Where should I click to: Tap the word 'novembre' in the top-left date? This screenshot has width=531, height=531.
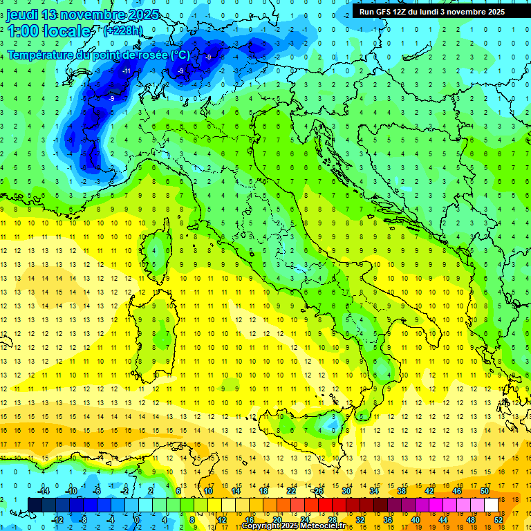(92, 15)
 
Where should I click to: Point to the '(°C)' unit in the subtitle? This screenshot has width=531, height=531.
(179, 55)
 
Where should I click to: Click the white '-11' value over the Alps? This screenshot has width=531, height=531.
(127, 71)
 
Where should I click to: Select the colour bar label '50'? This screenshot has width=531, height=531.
(485, 491)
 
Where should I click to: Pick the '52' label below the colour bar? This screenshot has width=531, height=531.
(499, 520)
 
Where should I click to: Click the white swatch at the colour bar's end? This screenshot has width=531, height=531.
(492, 505)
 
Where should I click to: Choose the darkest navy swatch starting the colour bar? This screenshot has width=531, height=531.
(35, 505)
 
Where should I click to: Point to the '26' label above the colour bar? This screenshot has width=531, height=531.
(319, 491)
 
